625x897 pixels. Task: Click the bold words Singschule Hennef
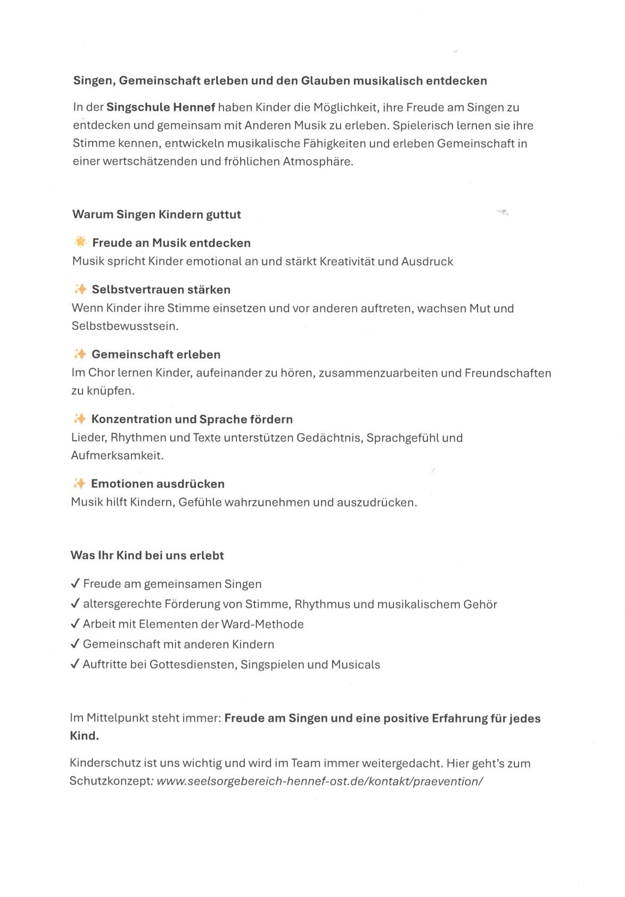(x=161, y=107)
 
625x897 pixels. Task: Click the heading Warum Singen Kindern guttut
(x=157, y=215)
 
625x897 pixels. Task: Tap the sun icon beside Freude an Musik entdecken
(x=80, y=242)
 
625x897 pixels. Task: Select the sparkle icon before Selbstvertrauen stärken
(x=80, y=289)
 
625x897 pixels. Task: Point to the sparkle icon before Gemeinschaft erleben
(x=80, y=354)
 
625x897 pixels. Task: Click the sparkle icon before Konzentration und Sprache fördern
(x=80, y=419)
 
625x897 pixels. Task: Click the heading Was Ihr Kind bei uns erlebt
(x=147, y=555)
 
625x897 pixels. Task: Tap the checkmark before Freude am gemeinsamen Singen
(x=75, y=584)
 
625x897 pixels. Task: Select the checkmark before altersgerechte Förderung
(x=75, y=604)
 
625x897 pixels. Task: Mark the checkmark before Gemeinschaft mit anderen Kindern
(x=75, y=644)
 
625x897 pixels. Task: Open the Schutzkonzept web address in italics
(x=320, y=781)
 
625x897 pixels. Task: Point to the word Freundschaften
(x=508, y=373)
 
